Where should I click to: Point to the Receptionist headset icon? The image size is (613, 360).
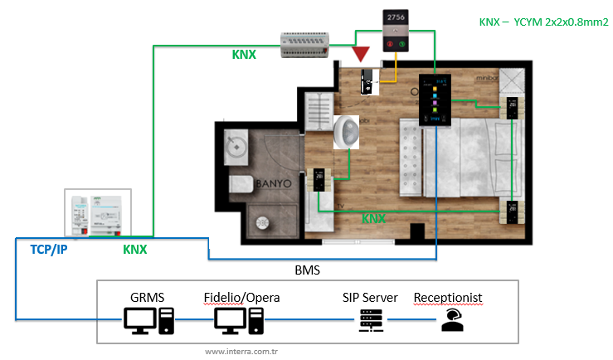[x=451, y=319]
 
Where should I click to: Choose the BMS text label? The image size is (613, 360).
[x=307, y=270]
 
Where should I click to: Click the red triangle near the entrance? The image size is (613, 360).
[x=361, y=56]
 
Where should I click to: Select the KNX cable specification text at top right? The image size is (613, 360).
[x=543, y=22]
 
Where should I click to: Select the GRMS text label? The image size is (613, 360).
[x=148, y=296]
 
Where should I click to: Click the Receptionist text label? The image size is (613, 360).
[x=447, y=296]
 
